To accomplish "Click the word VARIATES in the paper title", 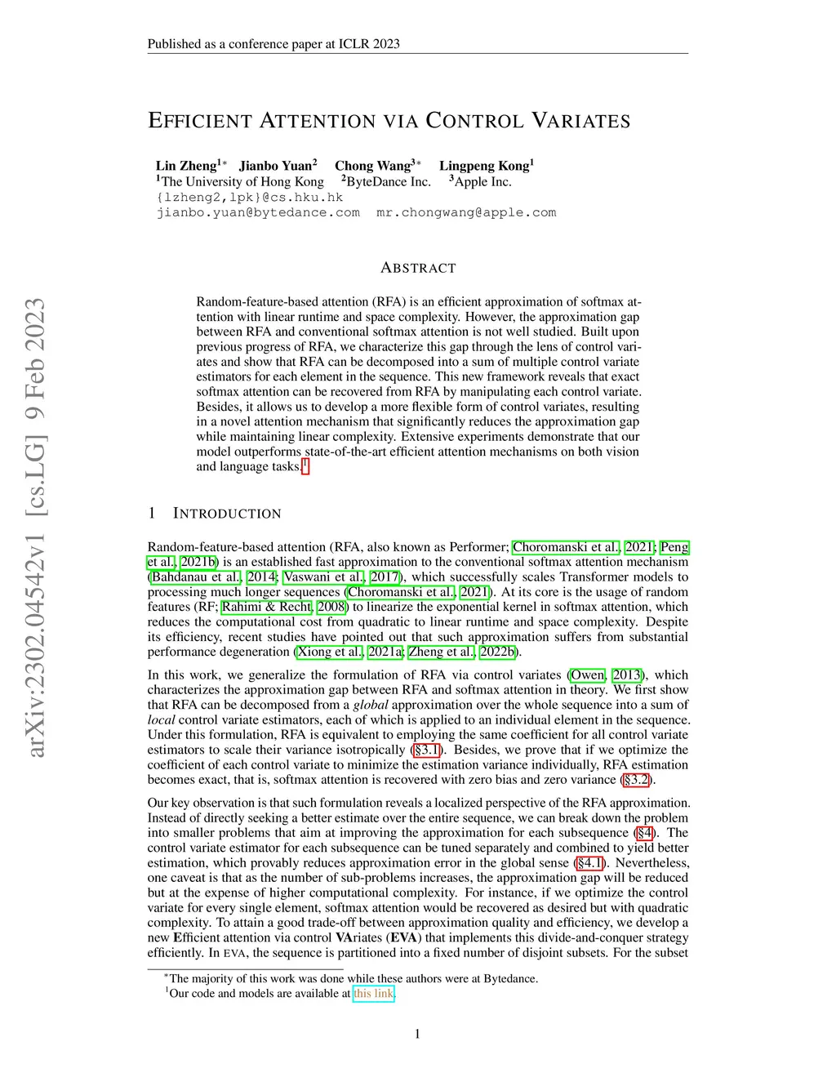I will tap(580, 122).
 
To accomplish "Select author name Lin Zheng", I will tap(186, 166).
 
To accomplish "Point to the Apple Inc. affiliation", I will tap(482, 182).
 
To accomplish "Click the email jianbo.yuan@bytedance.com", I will tap(258, 212).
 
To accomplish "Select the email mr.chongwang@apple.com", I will tap(466, 212).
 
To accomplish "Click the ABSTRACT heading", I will tap(418, 268).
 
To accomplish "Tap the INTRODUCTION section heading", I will tap(227, 514).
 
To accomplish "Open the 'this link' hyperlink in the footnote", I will tap(373, 994).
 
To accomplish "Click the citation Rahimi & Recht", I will tap(267, 607).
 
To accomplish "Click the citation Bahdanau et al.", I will tap(196, 577).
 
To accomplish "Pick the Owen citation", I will tap(588, 675).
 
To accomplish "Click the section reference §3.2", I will tap(636, 780).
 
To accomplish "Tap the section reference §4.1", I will tap(590, 863).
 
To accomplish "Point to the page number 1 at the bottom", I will tap(417, 1035).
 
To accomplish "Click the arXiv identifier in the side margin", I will tap(35, 528).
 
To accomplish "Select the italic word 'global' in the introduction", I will tap(370, 705).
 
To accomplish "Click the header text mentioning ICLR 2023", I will tap(273, 44).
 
